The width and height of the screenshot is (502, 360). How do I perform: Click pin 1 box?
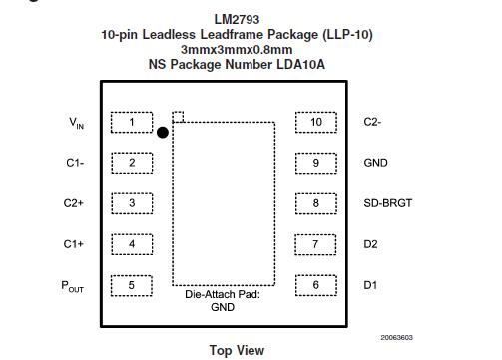tap(132, 123)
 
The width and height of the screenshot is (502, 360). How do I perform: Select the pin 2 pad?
tap(132, 163)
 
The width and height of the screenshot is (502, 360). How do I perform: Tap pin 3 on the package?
tap(132, 203)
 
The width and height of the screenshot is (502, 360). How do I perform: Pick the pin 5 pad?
tap(132, 285)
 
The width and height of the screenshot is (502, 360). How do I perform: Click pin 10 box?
tap(316, 123)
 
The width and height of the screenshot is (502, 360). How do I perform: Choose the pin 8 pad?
tap(316, 203)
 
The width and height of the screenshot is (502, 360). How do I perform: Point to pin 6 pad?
tap(316, 285)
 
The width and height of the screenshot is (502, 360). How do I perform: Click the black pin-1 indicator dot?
tap(162, 131)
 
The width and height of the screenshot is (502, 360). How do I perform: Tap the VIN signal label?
tap(77, 124)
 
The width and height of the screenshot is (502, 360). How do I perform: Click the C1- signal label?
tap(74, 163)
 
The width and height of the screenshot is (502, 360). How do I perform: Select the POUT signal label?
tap(74, 286)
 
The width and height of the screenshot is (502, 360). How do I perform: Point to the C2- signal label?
tap(373, 123)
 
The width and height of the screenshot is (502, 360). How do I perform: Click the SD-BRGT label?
tap(387, 203)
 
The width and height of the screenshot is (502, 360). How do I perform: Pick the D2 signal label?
tap(370, 244)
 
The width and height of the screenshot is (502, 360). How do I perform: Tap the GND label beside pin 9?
tap(376, 163)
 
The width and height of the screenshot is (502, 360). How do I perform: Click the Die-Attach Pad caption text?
tap(223, 295)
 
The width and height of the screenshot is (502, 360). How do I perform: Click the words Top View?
tap(237, 350)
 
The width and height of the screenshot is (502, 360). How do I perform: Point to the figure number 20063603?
tap(398, 337)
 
